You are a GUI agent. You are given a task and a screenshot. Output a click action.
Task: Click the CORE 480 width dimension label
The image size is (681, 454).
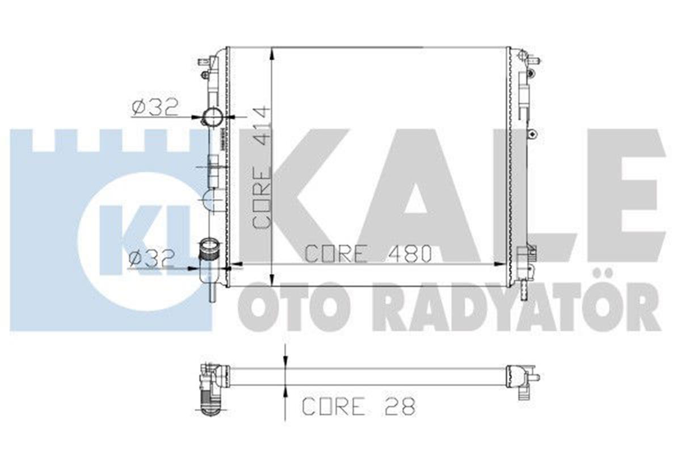click(368, 254)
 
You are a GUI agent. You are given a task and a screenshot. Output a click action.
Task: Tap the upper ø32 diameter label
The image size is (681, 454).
click(155, 106)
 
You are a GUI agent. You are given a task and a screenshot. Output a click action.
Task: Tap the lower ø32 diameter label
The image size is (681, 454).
click(150, 259)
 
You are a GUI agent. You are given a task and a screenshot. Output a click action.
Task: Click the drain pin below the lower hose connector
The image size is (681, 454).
click(213, 293)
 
